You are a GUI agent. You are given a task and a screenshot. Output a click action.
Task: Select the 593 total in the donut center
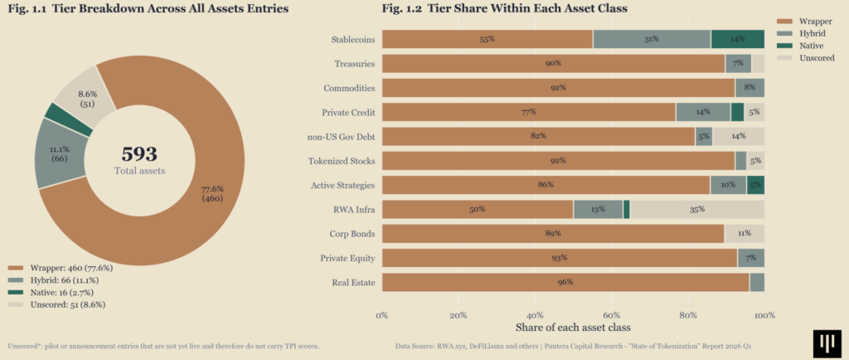(139, 154)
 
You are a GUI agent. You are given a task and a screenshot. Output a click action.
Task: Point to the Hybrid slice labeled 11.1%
(60, 153)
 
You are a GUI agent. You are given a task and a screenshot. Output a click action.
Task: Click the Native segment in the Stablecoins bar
(737, 39)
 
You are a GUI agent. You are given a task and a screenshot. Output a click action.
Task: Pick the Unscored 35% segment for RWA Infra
(697, 210)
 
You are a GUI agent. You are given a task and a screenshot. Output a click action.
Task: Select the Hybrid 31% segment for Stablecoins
(652, 39)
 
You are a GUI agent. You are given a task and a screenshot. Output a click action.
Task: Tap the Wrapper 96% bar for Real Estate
(565, 283)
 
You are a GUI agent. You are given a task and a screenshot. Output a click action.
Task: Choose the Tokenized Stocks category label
(342, 161)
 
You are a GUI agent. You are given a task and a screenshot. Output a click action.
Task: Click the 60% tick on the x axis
(611, 315)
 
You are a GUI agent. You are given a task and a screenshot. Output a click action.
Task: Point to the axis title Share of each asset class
(573, 328)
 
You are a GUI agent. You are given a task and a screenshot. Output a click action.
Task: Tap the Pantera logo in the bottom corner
(827, 343)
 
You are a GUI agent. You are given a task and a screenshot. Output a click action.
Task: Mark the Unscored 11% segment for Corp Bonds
(745, 234)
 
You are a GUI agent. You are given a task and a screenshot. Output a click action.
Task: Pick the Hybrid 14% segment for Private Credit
(703, 112)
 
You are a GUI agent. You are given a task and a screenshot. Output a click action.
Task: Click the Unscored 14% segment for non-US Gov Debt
(739, 136)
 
